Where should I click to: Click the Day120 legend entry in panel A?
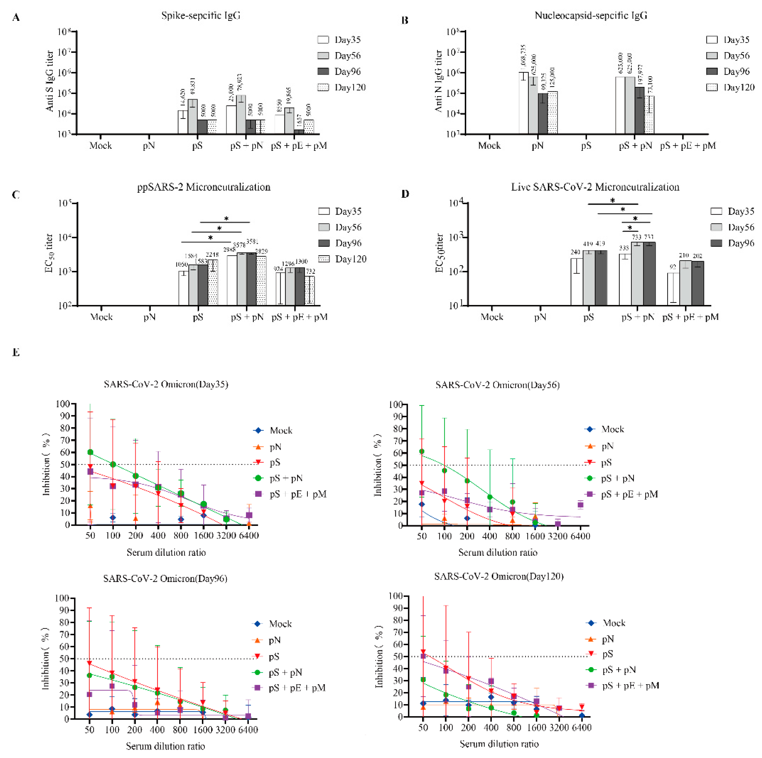[342, 88]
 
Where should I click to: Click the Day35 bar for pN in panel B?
[523, 103]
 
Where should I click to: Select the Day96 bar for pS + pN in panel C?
[251, 279]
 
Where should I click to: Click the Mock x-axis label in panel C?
[101, 317]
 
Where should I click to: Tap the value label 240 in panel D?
[575, 252]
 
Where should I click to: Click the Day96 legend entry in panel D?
[732, 243]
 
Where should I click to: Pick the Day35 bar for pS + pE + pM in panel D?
[673, 289]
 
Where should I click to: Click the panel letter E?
[16, 352]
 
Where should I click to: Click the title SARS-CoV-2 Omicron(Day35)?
[166, 384]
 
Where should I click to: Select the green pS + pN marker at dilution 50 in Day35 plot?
[90, 452]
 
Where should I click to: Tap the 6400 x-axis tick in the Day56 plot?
[580, 536]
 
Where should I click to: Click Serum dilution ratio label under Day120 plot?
[499, 744]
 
